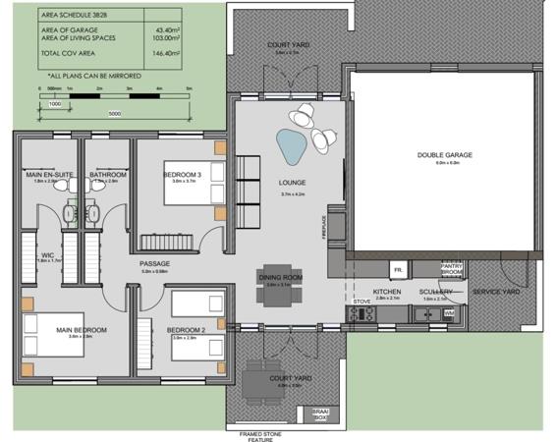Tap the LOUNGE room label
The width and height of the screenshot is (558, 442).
tap(293, 183)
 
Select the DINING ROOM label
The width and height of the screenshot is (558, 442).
tap(281, 278)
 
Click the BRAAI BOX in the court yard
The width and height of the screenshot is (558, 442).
tap(322, 414)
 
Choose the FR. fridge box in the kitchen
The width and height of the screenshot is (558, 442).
tap(399, 268)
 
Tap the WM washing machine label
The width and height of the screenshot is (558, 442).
tap(449, 313)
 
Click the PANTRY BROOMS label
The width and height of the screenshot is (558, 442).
tap(452, 269)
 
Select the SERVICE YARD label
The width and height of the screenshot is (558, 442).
tap(495, 292)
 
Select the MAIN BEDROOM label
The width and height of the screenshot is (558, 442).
tap(81, 329)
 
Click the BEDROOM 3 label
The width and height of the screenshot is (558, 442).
tap(183, 175)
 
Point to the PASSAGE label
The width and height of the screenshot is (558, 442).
tap(156, 264)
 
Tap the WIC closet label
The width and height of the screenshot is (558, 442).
tap(44, 256)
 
